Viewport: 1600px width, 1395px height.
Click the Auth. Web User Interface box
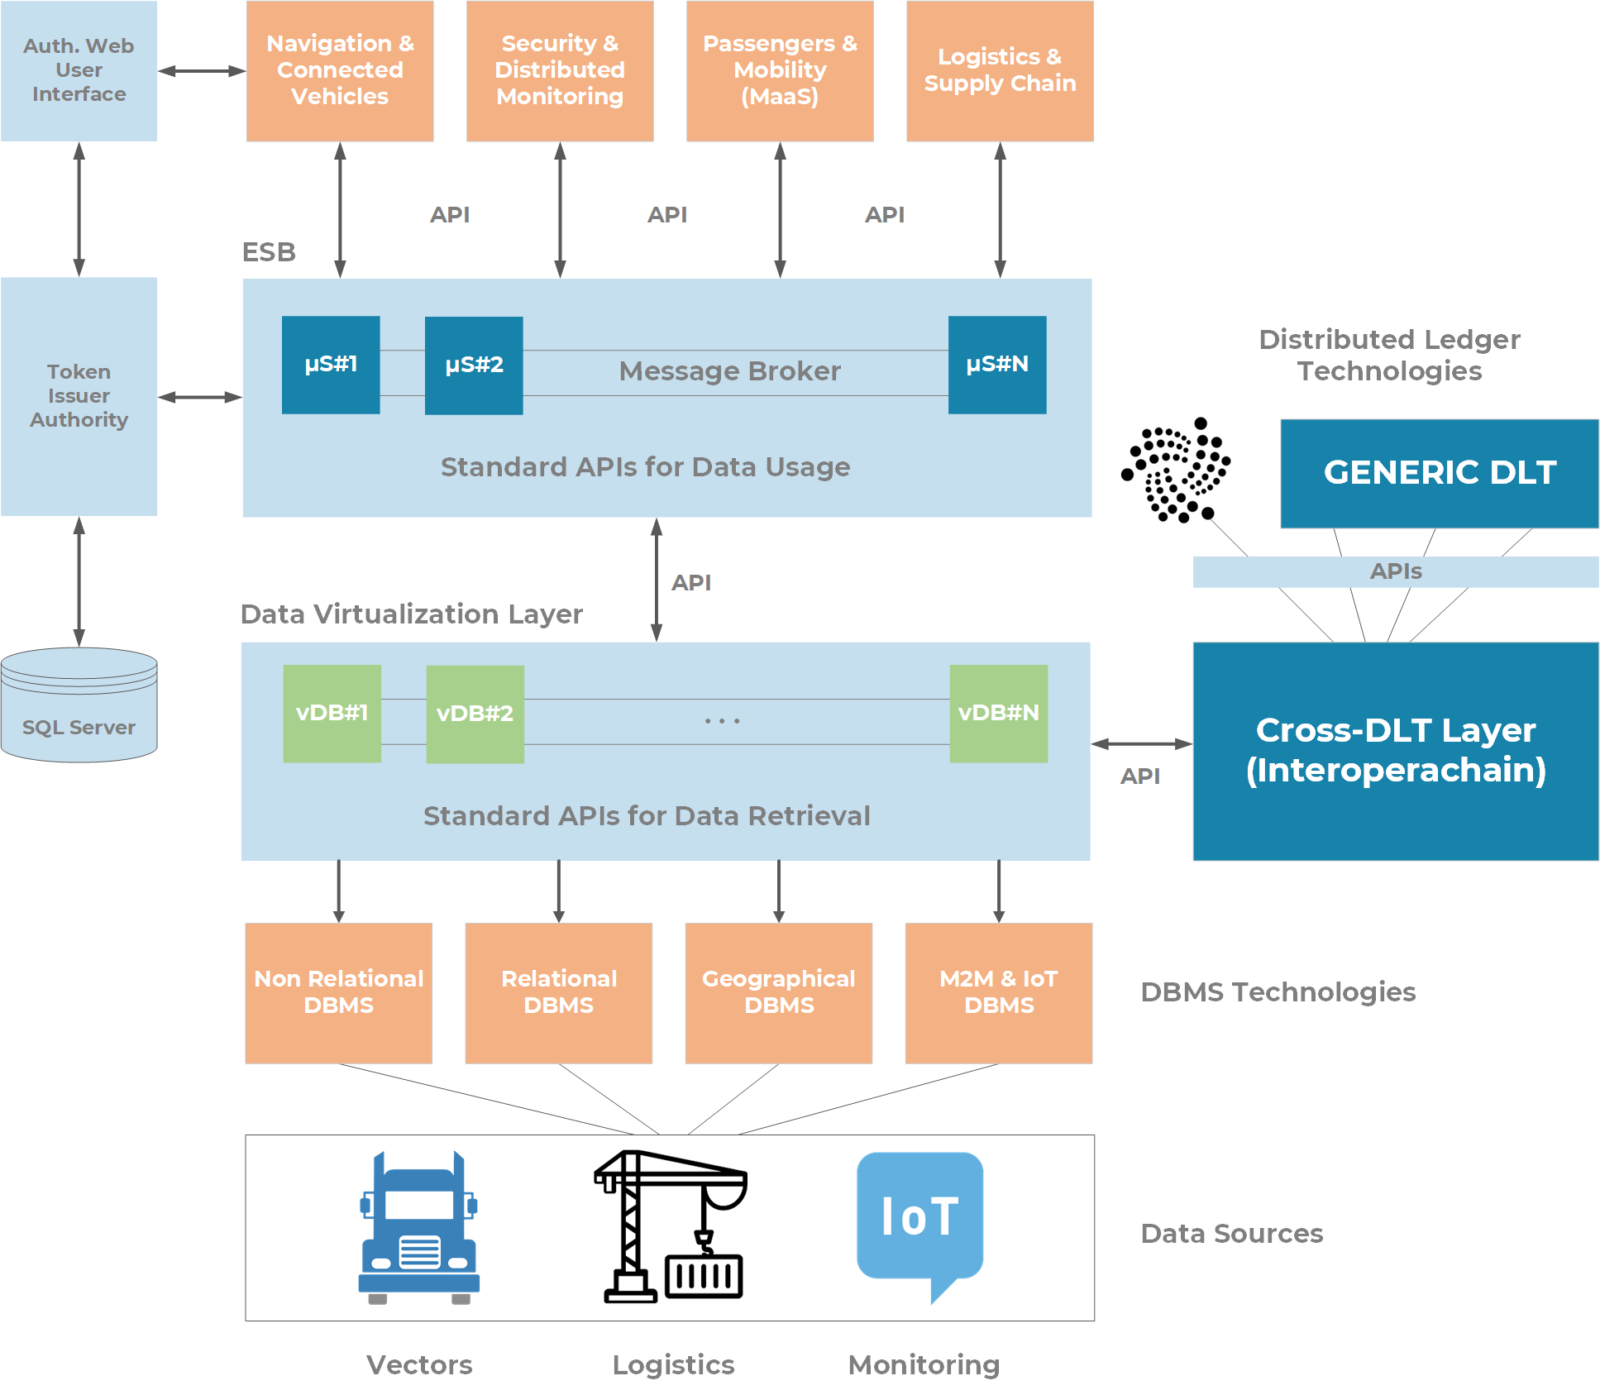tap(79, 70)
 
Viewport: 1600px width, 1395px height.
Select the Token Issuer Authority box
tap(79, 396)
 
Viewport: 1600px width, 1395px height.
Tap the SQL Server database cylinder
tap(79, 705)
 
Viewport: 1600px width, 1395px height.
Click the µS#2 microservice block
tap(473, 365)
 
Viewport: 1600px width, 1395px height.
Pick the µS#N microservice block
tap(996, 365)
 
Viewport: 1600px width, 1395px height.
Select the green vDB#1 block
tap(332, 713)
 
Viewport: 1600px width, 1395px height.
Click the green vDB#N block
tap(998, 713)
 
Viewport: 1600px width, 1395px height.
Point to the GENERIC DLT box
tap(1439, 473)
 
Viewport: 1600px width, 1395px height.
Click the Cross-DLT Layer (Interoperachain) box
tap(1395, 751)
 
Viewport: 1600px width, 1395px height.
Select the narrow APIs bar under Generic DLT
tap(1395, 571)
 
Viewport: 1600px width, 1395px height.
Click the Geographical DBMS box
tap(778, 992)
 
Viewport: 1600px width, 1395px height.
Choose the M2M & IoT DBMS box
tap(998, 992)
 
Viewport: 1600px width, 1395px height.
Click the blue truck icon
tap(419, 1228)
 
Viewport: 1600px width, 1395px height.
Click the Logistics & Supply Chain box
tap(1000, 70)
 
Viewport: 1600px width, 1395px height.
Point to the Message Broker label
tap(729, 371)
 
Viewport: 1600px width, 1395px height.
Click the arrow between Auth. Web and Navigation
tap(202, 71)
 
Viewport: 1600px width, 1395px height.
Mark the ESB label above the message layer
tap(268, 252)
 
